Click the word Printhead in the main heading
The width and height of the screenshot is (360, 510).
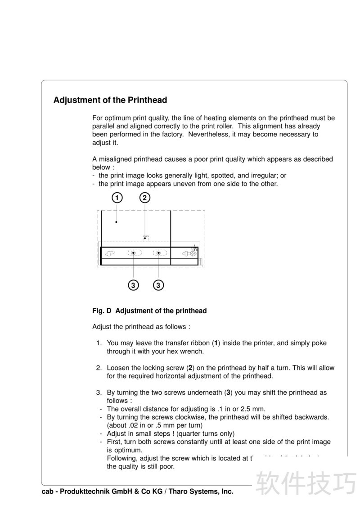pos(147,100)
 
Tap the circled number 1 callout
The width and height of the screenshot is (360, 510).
pos(117,198)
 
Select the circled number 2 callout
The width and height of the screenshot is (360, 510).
pos(144,198)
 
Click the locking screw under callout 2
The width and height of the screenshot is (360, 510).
pos(145,238)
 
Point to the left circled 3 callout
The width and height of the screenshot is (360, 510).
pos(133,285)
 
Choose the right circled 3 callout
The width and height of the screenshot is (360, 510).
pos(158,285)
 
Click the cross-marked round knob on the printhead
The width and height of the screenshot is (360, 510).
pos(192,254)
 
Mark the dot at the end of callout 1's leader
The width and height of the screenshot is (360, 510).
pos(117,221)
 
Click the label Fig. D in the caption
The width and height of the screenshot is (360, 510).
pos(102,311)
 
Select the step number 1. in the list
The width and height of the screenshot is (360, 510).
pos(99,343)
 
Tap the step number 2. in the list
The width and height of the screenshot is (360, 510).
pos(99,368)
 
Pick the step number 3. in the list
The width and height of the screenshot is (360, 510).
pos(99,393)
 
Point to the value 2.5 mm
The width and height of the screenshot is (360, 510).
pos(251,409)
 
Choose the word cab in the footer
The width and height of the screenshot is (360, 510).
pos(48,492)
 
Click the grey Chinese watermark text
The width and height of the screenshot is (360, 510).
pos(306,483)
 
